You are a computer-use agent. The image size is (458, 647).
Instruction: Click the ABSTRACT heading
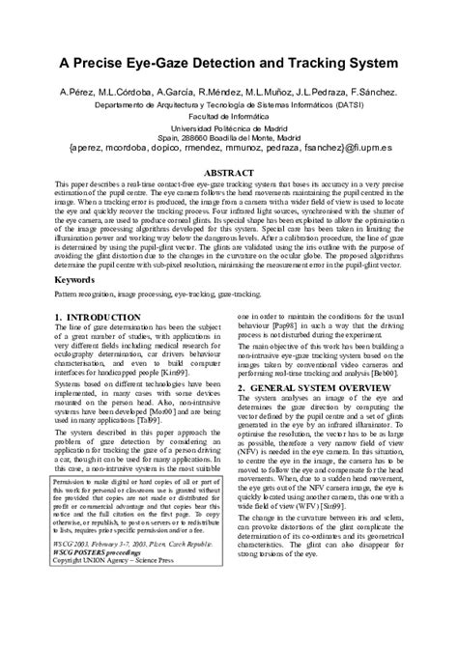227,172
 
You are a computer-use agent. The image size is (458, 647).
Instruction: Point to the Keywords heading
73,280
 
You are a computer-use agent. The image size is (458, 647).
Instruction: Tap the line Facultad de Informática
228,115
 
